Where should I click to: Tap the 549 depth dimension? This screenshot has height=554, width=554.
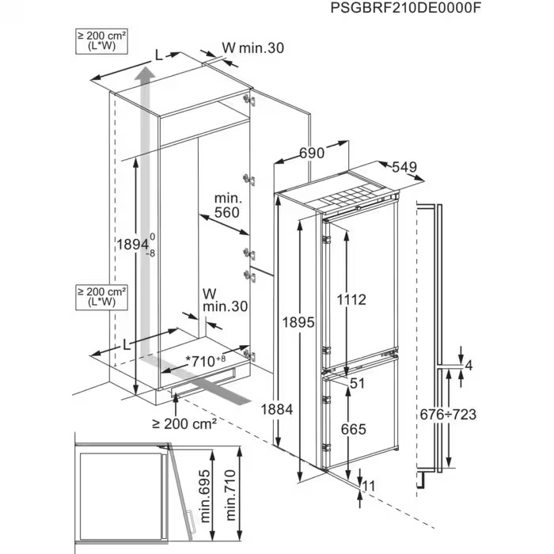tap(403, 168)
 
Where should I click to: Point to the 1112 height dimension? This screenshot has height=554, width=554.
tap(350, 300)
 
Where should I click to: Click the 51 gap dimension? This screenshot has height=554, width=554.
tap(356, 384)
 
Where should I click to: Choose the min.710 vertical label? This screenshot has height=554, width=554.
tap(230, 491)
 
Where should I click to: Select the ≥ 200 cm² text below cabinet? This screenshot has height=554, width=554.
tap(187, 424)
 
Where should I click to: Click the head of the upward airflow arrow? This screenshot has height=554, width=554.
tap(144, 75)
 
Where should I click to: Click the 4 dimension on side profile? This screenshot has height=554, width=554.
tap(469, 365)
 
